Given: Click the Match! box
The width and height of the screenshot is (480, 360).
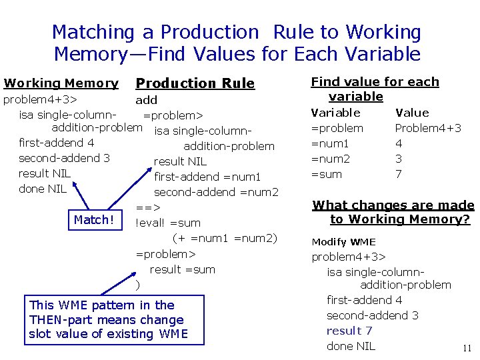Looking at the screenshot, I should pos(95,219).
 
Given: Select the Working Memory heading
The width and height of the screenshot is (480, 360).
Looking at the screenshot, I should pos(61,83).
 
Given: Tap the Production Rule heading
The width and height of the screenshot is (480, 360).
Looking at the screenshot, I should pos(195,83).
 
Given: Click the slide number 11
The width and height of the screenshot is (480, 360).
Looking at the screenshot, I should pos(467,348).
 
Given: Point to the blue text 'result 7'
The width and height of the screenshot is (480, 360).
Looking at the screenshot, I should pos(349,331).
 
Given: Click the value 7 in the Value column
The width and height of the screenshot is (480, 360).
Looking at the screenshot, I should pos(399,174).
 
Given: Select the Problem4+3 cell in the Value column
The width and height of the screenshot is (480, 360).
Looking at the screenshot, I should pos(428,128).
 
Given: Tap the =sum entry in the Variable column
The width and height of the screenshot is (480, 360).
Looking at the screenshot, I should pos(327,174).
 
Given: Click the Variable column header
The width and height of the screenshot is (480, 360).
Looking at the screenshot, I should pos(336,113).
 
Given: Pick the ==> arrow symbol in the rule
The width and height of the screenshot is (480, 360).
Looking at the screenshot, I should pos(148,207).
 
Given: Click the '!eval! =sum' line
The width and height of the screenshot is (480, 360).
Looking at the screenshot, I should pos(168,223).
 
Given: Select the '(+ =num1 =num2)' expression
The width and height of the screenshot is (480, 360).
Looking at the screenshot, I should pos(225,238).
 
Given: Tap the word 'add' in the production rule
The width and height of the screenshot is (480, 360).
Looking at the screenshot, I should pos(147,100).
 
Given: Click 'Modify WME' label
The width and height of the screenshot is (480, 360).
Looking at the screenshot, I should pos(343,242).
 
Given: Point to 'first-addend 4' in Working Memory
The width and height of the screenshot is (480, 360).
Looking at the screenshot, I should pos(57,143).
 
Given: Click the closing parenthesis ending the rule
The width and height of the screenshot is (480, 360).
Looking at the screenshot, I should pos(137,285).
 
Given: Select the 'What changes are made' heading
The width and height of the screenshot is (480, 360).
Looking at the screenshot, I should pos(393,205).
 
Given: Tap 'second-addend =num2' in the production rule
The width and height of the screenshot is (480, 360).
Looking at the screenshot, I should pos(216,192).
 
